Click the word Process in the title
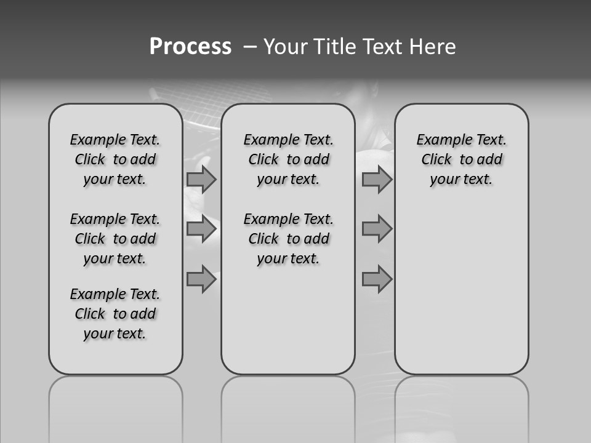[190, 47]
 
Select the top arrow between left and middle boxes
[201, 180]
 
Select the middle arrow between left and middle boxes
[201, 229]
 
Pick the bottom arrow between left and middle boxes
[201, 279]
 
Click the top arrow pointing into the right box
[377, 180]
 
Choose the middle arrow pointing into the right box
[377, 229]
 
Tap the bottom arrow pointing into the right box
[377, 279]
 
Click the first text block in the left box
[115, 159]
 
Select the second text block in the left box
[115, 239]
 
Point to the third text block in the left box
[115, 314]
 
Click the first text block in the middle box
[288, 159]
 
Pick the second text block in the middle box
[288, 239]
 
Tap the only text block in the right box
[461, 159]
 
